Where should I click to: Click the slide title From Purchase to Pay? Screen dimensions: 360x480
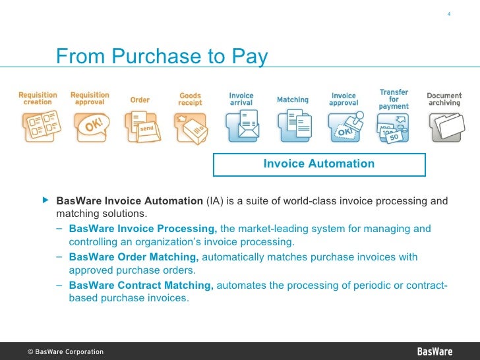coord(162,57)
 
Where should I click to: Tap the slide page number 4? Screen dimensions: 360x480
coord(448,15)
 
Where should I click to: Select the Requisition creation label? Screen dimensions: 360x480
coord(38,98)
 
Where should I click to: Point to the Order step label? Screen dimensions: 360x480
coord(140,100)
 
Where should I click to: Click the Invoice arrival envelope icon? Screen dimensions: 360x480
coord(241,125)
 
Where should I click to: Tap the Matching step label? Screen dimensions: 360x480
coord(292,100)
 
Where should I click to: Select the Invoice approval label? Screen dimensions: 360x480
coord(343,99)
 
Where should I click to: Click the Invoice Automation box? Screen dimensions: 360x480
coord(318,164)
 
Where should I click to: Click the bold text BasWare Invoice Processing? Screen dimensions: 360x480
coord(142,229)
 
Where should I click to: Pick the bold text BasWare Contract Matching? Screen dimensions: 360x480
coord(141,285)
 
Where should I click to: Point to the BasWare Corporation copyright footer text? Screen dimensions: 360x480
coord(65,351)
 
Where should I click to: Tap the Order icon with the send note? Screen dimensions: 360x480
coord(141,125)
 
